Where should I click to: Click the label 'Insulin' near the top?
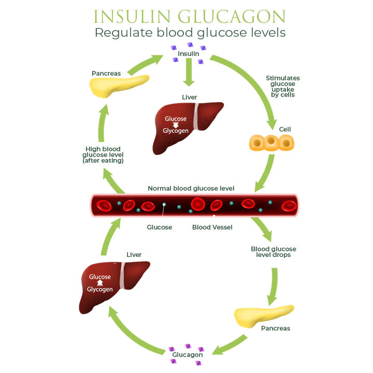coord(188,54)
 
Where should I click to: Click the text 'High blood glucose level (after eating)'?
coord(104,155)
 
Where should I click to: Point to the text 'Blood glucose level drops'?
coord(274,252)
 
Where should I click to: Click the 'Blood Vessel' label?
coord(212,227)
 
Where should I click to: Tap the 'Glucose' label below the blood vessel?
coord(160,227)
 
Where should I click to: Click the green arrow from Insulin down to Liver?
coord(189,74)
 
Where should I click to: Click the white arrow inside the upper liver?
coord(175,124)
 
